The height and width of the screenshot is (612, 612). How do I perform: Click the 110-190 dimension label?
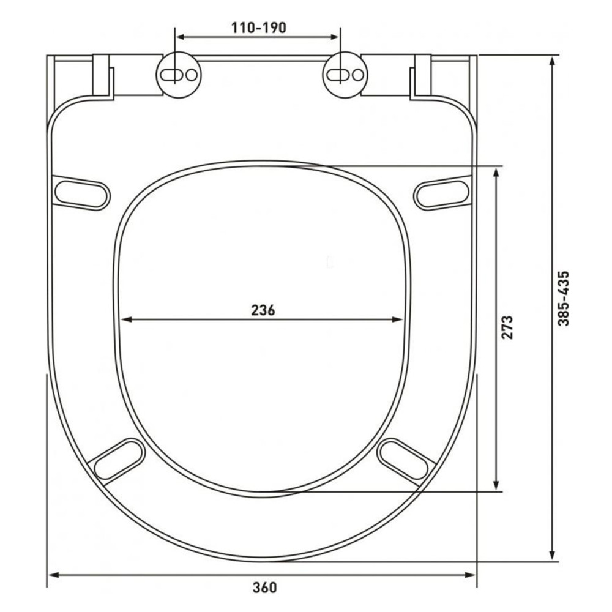[x=258, y=28]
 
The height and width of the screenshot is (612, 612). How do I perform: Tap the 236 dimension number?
[x=263, y=310]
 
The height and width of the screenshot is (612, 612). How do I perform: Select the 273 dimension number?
[x=507, y=327]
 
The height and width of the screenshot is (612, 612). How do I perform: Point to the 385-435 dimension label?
[x=564, y=299]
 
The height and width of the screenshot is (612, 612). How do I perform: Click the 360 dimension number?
[x=264, y=588]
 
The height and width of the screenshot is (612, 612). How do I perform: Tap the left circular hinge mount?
[x=179, y=75]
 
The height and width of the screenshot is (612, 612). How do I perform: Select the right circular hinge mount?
[x=345, y=75]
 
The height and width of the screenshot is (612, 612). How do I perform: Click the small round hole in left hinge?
[x=191, y=75]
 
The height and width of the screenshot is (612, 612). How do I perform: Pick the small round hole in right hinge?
[x=358, y=75]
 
